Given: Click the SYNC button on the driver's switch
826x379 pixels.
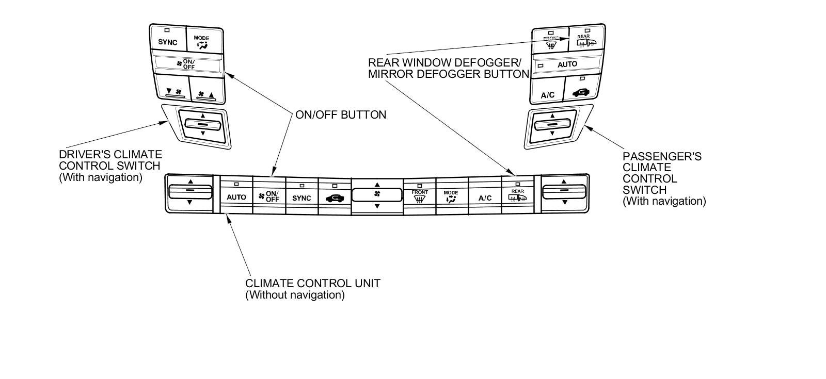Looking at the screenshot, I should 167,40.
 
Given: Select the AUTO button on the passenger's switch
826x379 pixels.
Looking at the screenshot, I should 567,65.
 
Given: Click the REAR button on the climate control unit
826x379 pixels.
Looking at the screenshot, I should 517,195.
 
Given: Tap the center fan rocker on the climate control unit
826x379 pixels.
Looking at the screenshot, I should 377,195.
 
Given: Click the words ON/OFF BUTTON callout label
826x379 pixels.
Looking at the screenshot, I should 340,114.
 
